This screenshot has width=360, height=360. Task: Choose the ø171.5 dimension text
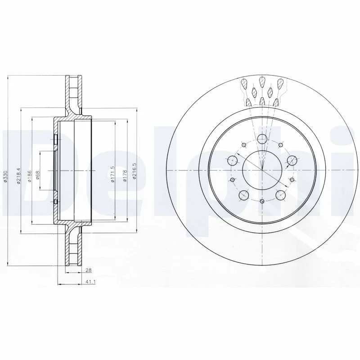[112, 174]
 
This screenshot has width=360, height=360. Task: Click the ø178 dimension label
[125, 175]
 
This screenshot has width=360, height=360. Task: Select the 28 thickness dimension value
[88, 270]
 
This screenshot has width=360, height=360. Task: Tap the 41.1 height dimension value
[88, 282]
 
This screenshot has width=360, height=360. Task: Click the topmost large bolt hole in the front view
[262, 139]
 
